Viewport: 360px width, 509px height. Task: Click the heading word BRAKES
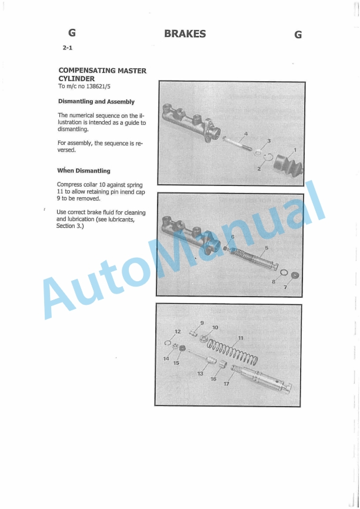point(185,34)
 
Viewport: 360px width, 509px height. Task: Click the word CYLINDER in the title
point(76,78)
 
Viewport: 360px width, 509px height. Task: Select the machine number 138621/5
point(98,87)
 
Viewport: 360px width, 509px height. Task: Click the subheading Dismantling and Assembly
point(96,102)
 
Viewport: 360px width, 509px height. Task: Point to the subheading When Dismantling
point(84,171)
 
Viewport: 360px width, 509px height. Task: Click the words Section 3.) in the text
point(70,226)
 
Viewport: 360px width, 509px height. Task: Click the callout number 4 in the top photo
point(246,134)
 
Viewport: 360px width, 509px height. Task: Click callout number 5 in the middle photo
point(266,248)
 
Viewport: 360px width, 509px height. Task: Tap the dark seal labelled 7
point(295,276)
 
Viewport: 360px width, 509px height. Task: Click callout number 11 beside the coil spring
point(240,338)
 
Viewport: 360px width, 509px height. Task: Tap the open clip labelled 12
point(168,344)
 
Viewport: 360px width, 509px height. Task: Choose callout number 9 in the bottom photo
point(202,323)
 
